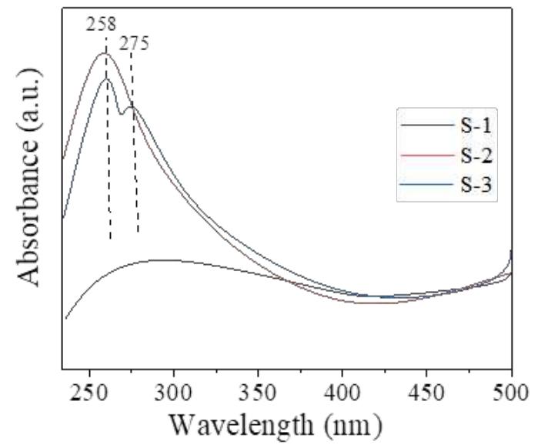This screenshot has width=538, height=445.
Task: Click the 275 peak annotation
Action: click(134, 43)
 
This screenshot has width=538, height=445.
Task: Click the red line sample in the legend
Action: click(424, 157)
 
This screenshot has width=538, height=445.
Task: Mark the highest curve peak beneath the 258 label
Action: click(105, 52)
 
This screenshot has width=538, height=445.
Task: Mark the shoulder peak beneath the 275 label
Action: click(132, 107)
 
